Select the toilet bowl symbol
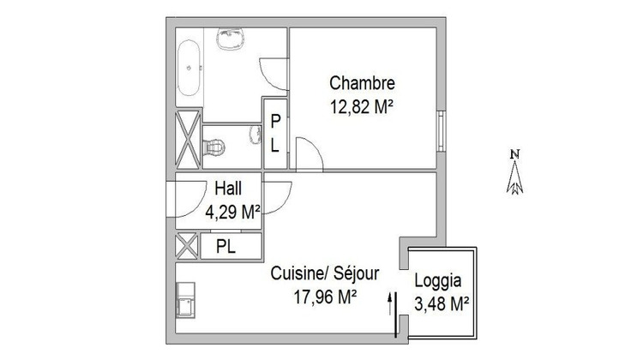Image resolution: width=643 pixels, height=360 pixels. (215, 145)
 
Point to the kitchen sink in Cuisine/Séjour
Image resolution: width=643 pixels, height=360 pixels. (186, 302)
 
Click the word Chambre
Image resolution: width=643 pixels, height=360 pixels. (363, 84)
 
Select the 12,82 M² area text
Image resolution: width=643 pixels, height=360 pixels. (363, 107)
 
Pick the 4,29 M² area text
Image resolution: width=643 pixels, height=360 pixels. (232, 211)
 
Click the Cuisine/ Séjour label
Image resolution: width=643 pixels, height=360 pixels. (325, 273)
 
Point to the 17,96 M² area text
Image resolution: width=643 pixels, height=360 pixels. (325, 297)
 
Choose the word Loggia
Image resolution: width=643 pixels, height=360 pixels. (439, 280)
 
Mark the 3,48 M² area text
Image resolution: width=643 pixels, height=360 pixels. (441, 303)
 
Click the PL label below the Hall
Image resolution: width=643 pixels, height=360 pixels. (225, 247)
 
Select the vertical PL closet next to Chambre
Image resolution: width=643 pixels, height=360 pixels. (275, 134)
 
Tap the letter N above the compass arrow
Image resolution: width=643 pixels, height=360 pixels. (515, 154)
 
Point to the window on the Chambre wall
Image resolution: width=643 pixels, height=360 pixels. (441, 129)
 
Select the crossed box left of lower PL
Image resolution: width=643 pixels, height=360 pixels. (187, 247)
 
